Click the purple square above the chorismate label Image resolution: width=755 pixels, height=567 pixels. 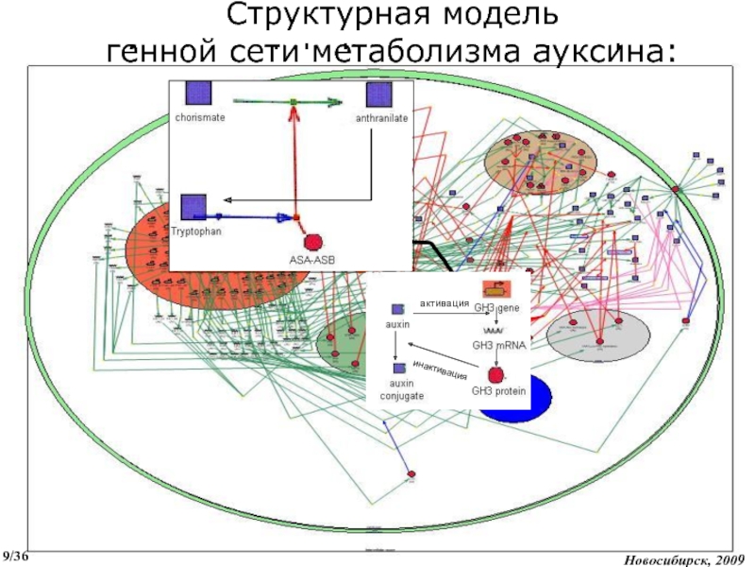(x=197, y=94)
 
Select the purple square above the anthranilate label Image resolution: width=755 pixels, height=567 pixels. (x=378, y=94)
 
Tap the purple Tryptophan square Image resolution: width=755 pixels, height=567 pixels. (x=193, y=207)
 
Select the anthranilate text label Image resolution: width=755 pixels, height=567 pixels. (x=382, y=119)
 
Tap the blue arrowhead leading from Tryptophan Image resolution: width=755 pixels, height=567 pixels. (x=284, y=217)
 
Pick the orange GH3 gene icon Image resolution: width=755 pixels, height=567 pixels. (x=492, y=289)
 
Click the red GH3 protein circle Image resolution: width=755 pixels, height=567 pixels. (x=495, y=375)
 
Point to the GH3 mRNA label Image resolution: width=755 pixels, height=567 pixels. (x=499, y=347)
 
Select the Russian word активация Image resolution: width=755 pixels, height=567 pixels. (x=445, y=303)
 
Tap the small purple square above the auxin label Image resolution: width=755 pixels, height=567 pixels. (x=397, y=309)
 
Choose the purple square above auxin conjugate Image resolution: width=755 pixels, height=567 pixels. (x=399, y=368)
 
